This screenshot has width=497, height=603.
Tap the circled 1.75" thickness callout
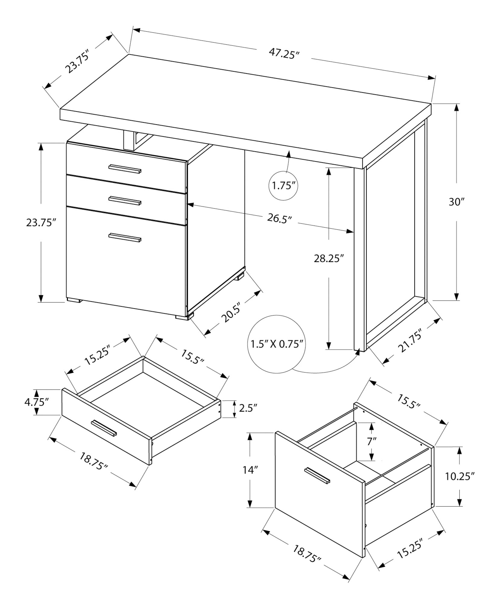click(x=283, y=185)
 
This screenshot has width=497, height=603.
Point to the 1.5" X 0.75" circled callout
click(x=277, y=344)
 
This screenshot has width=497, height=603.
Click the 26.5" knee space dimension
click(x=280, y=218)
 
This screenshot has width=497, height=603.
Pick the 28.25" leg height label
click(x=329, y=258)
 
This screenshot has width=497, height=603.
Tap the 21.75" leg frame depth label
click(x=409, y=341)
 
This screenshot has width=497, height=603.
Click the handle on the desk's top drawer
click(x=125, y=169)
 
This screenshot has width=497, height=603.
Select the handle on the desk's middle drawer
click(x=125, y=201)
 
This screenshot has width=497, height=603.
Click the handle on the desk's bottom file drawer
click(x=125, y=237)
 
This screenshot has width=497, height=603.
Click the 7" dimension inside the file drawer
click(x=372, y=442)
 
